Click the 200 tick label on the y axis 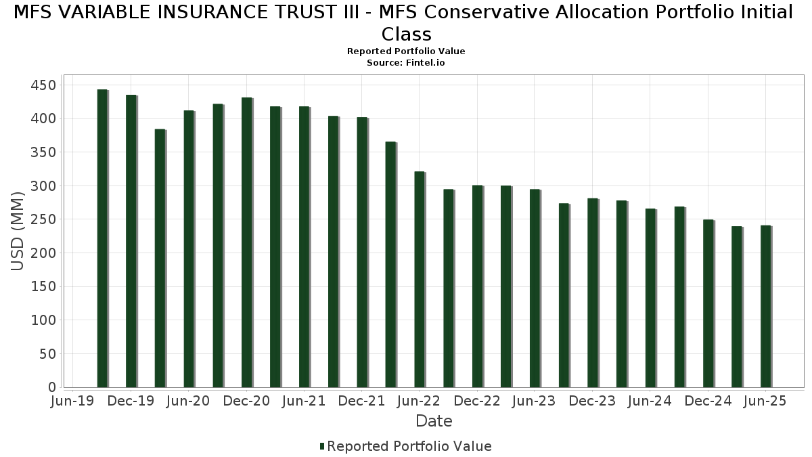43,253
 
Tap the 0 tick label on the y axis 51,387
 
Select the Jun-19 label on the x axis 73,401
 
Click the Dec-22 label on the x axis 477,401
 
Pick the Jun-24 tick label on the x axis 650,401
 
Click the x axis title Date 434,421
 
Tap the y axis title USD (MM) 18,231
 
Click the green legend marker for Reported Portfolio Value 322,446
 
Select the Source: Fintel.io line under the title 406,62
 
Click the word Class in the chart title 406,34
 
